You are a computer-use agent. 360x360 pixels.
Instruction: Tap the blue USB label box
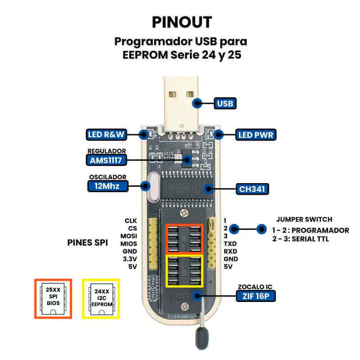(x=225, y=103)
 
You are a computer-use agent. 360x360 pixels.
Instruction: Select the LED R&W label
(x=107, y=134)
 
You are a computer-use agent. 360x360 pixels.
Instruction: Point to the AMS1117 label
(x=106, y=160)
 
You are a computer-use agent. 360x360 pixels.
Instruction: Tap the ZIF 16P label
(x=256, y=296)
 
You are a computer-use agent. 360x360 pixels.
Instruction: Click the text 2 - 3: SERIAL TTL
(x=301, y=239)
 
